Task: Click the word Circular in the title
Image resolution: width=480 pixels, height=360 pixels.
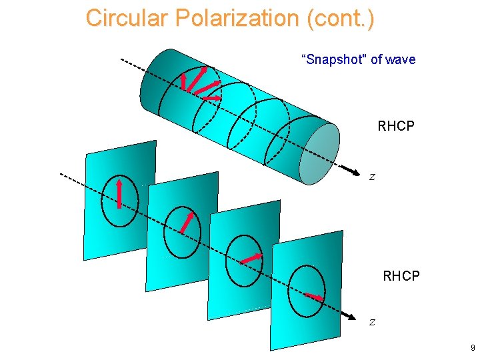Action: pyautogui.click(x=127, y=18)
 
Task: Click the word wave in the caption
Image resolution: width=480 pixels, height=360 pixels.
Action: pyautogui.click(x=400, y=59)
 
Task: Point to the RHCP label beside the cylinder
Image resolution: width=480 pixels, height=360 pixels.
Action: pyautogui.click(x=396, y=126)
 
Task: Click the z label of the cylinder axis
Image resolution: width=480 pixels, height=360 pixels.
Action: pyautogui.click(x=373, y=177)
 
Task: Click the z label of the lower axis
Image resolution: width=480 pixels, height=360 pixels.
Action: pyautogui.click(x=373, y=322)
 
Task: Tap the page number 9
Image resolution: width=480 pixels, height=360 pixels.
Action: pyautogui.click(x=472, y=348)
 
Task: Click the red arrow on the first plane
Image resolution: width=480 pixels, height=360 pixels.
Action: pyautogui.click(x=119, y=193)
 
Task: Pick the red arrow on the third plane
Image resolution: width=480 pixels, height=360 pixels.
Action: pyautogui.click(x=251, y=257)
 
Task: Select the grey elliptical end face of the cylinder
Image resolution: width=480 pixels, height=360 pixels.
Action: pyautogui.click(x=319, y=153)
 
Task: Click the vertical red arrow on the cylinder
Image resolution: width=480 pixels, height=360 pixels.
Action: pyautogui.click(x=183, y=81)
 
